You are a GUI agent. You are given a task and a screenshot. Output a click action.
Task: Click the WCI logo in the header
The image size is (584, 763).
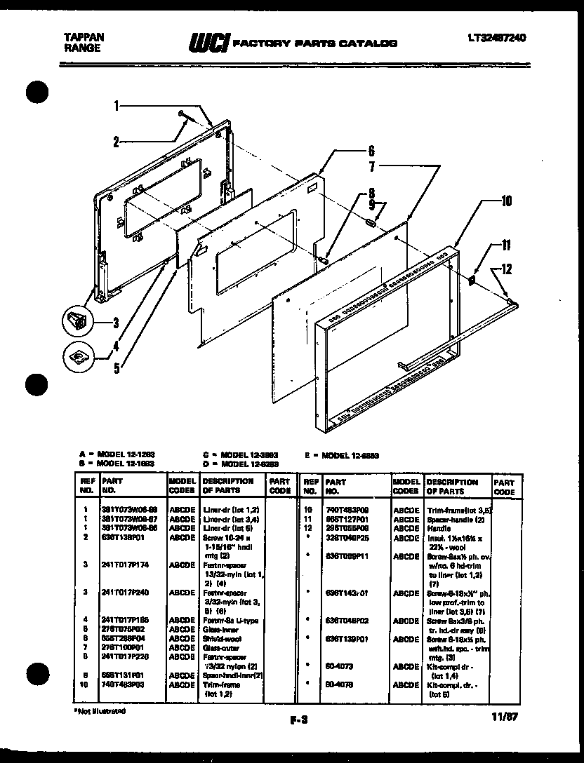(x=205, y=43)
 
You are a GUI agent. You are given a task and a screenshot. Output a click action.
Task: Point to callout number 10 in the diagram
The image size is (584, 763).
(x=506, y=202)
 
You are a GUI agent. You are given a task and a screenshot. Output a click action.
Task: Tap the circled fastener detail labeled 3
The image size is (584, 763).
(x=78, y=323)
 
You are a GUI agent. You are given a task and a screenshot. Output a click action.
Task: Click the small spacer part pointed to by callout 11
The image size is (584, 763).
(x=472, y=279)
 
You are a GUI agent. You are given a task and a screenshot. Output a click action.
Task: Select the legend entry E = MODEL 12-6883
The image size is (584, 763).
(x=343, y=455)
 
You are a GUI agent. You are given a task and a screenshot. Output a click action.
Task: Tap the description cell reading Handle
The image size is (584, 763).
(x=439, y=527)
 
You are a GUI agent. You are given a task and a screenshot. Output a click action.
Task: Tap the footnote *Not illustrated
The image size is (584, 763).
(x=99, y=710)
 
